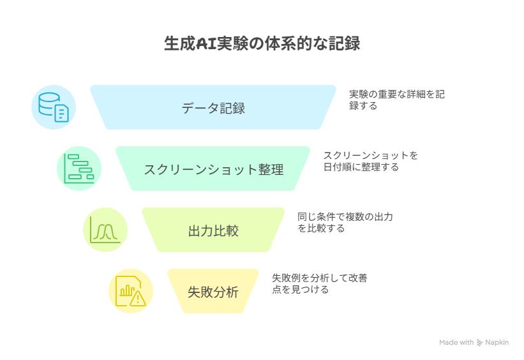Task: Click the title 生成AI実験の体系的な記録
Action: pyautogui.click(x=262, y=43)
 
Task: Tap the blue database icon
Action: pyautogui.click(x=54, y=107)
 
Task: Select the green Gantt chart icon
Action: pyautogui.click(x=79, y=169)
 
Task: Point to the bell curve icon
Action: pyautogui.click(x=105, y=230)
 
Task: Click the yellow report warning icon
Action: pyautogui.click(x=131, y=291)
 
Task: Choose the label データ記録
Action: pyautogui.click(x=213, y=108)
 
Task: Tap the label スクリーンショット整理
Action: pyautogui.click(x=214, y=170)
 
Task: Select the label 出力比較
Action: pyautogui.click(x=213, y=231)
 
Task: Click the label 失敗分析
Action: pyautogui.click(x=213, y=292)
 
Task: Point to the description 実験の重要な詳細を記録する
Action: pyautogui.click(x=397, y=100)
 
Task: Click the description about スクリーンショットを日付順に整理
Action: pyautogui.click(x=371, y=161)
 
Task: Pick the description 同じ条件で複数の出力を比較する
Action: pyautogui.click(x=345, y=223)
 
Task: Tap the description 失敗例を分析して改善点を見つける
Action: pyautogui.click(x=320, y=284)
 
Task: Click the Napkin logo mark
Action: pyautogui.click(x=479, y=343)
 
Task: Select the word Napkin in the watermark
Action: pyautogui.click(x=497, y=343)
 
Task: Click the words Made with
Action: pyautogui.click(x=456, y=343)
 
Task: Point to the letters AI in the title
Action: pyautogui.click(x=206, y=44)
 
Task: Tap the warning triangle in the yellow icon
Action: pyautogui.click(x=138, y=298)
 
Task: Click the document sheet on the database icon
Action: pyautogui.click(x=61, y=114)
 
